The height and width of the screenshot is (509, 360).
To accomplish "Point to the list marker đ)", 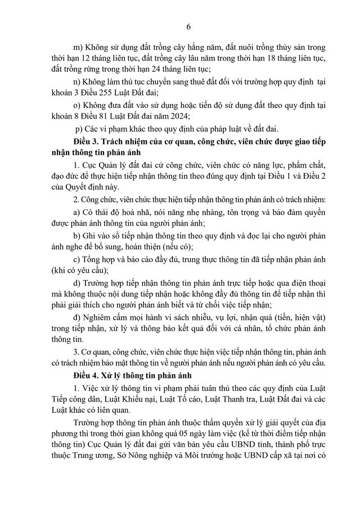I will [78, 315].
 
